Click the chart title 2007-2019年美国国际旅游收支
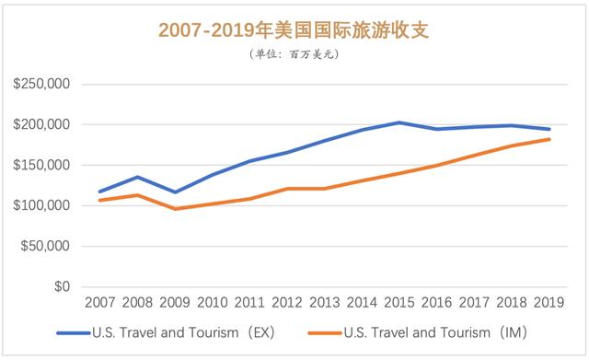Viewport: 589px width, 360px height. pos(294,30)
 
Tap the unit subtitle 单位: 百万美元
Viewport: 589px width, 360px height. pos(294,55)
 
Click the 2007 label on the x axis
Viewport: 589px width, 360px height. pos(98,302)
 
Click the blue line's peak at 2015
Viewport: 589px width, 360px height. pos(399,122)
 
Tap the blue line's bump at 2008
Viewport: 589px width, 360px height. pos(136,177)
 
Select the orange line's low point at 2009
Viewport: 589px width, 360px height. pos(175,209)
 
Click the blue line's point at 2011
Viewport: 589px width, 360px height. pos(248,161)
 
